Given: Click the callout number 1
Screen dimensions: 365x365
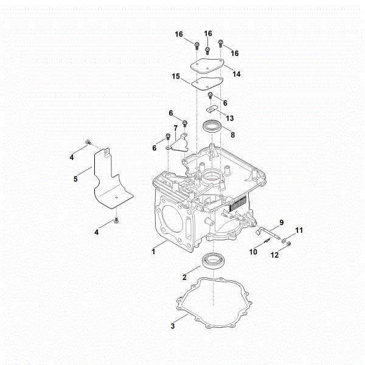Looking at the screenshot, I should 154,250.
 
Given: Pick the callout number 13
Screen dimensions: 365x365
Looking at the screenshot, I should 229,117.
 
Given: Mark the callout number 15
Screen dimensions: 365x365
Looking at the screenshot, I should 176,78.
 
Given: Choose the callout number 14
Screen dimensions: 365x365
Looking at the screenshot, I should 236,74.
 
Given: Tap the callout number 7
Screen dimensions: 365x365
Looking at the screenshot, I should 176,127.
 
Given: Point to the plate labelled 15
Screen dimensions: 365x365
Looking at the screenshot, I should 202,83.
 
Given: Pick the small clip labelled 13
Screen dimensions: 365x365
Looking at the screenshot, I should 212,109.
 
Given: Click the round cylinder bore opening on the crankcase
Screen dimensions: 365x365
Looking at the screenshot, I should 170,218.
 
